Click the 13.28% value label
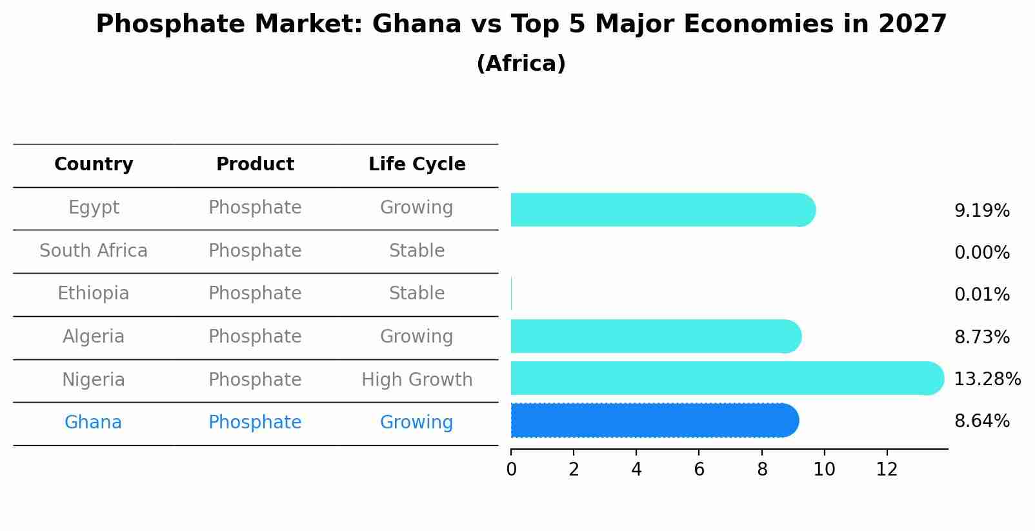(x=987, y=379)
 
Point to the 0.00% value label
(x=981, y=253)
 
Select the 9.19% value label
(x=981, y=211)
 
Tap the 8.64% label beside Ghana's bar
(x=981, y=421)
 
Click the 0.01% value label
(x=981, y=295)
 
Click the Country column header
(x=94, y=165)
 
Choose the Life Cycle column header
(x=417, y=165)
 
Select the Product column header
(x=255, y=165)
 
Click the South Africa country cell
(x=94, y=250)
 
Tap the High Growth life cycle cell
(x=417, y=379)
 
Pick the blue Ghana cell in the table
(x=94, y=423)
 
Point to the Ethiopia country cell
(x=94, y=294)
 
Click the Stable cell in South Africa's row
(x=417, y=250)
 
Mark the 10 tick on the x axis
(x=824, y=470)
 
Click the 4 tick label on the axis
(x=636, y=470)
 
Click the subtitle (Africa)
(x=521, y=64)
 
